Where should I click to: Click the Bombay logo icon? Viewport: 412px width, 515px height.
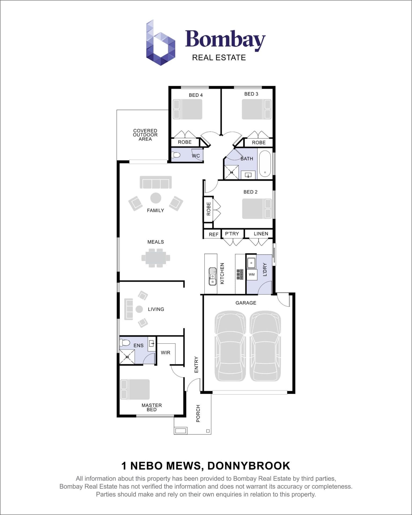(160, 43)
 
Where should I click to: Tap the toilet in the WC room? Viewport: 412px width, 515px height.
(176, 155)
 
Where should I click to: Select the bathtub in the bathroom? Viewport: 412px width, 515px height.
(265, 164)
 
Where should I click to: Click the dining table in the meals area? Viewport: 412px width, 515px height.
(156, 258)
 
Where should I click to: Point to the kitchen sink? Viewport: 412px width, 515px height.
(212, 276)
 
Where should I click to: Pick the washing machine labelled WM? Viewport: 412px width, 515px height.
(252, 275)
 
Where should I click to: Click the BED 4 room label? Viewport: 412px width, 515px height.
(196, 95)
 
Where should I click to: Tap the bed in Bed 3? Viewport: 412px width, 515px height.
(257, 109)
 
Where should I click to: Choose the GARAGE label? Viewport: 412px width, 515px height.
(246, 303)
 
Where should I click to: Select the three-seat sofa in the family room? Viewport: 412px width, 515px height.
(156, 182)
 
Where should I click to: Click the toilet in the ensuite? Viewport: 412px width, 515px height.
(125, 343)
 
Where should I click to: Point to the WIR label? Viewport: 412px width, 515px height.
(165, 353)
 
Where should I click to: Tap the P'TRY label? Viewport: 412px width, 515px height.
(232, 234)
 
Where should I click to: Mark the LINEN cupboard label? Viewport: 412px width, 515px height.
(261, 234)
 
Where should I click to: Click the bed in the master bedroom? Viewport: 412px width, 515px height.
(135, 389)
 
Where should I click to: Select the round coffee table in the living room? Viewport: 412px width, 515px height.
(139, 309)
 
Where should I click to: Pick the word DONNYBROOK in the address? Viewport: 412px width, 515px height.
(249, 466)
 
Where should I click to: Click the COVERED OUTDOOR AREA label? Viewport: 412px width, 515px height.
(145, 135)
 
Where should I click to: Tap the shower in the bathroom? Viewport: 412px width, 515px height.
(231, 172)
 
